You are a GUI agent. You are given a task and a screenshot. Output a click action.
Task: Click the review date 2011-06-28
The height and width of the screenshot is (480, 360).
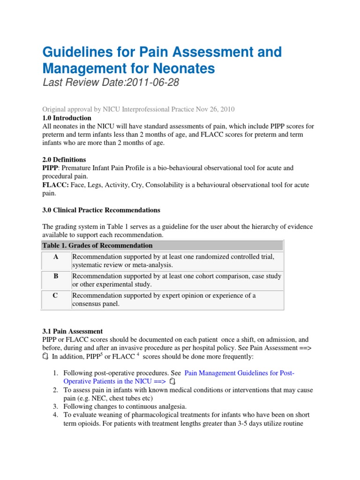coord(141,83)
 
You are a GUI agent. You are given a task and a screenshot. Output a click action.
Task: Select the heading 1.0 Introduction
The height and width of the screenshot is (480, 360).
coord(67,118)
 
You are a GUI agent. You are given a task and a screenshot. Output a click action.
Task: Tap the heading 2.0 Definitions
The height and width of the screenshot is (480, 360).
coord(64,159)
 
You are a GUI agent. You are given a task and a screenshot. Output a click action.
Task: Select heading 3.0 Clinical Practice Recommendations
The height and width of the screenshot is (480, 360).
coord(101,210)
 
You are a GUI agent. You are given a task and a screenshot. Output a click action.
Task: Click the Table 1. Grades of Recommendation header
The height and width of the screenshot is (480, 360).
coord(97,246)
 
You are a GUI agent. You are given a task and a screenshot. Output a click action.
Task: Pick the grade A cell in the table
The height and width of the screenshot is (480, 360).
coord(56,257)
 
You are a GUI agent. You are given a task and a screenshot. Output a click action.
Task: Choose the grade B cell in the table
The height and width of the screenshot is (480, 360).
coord(56,277)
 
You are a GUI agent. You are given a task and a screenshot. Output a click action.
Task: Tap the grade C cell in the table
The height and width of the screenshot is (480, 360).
coord(56,296)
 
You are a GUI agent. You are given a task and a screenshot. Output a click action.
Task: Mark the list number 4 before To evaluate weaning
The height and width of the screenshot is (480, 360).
coord(55,415)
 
